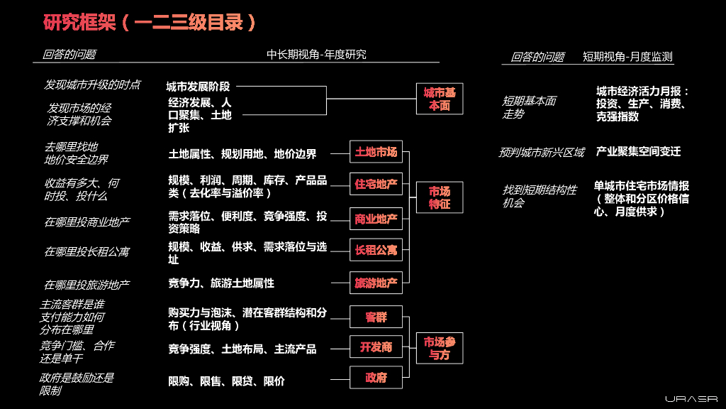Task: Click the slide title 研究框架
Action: coord(149,22)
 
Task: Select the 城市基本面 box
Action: coord(440,99)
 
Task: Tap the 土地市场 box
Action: coord(376,152)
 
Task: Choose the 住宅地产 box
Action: coord(376,185)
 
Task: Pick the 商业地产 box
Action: coord(376,219)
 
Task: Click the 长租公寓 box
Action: coord(376,250)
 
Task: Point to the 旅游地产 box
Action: coord(376,283)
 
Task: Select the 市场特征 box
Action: coord(440,197)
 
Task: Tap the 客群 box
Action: coord(376,317)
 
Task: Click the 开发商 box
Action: coord(376,347)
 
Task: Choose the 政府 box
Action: coord(376,378)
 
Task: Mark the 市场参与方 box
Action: coord(440,348)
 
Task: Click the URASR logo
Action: coord(691,399)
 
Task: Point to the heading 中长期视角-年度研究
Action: coord(316,55)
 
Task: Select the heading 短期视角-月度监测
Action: coord(627,57)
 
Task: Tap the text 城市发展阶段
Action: coord(198,87)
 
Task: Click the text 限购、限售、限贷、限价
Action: coord(226,381)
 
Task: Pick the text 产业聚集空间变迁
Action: coord(638,151)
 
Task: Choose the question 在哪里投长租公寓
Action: coord(87,252)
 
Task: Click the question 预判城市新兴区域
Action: coord(542,152)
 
